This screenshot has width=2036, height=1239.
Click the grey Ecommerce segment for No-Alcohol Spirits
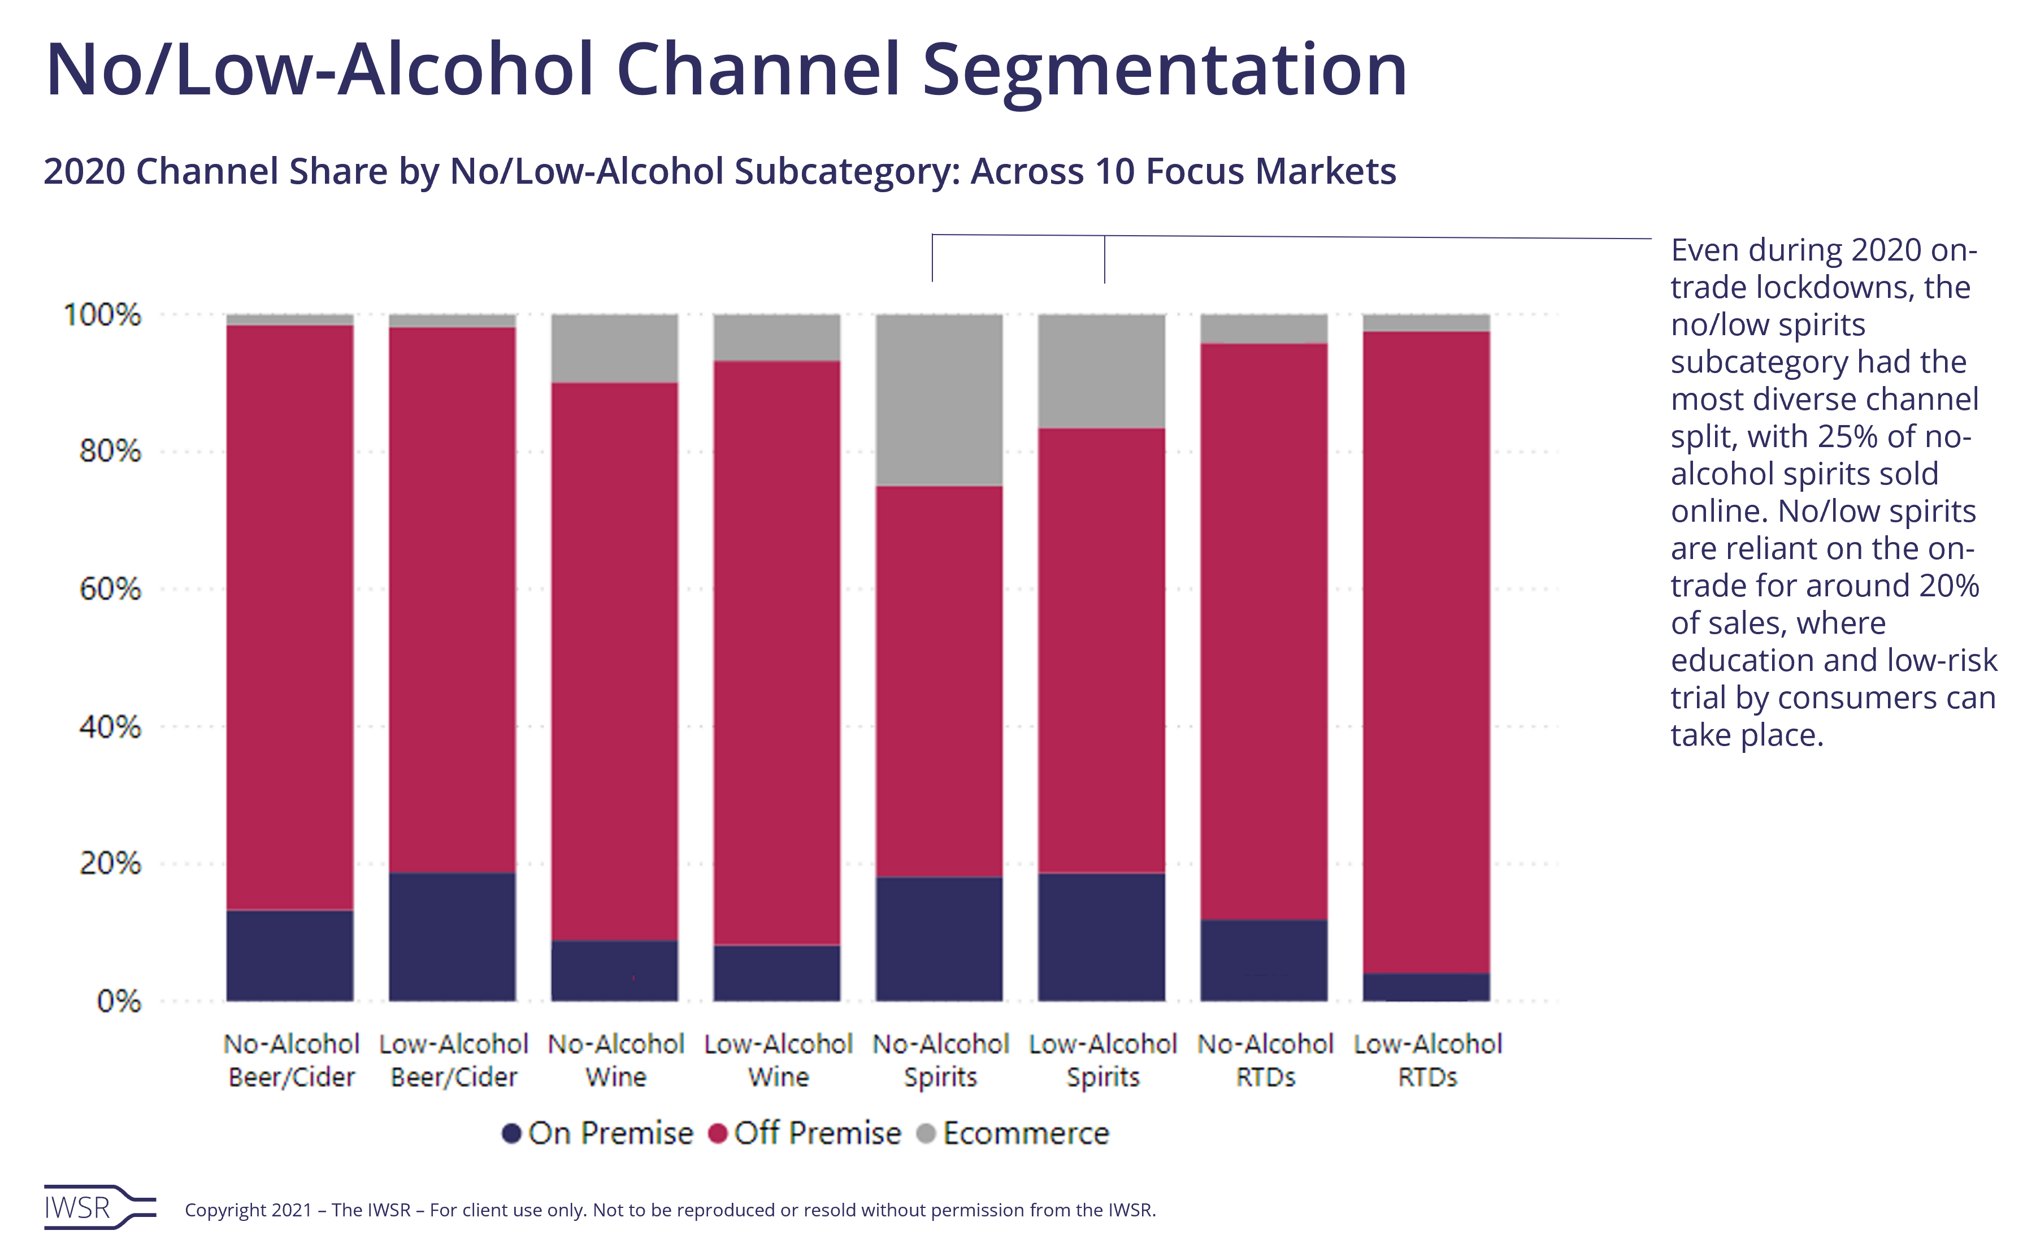pyautogui.click(x=940, y=399)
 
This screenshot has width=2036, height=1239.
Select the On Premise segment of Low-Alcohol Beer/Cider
pyautogui.click(x=452, y=937)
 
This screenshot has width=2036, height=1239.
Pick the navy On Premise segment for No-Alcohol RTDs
pyautogui.click(x=1264, y=960)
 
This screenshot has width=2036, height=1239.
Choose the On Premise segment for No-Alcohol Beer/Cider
pyautogui.click(x=290, y=955)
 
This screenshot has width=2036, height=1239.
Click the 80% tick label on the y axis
pyautogui.click(x=110, y=451)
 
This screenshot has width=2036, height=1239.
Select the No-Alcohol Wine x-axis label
pyautogui.click(x=615, y=1060)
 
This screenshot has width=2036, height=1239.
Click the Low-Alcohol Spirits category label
pyautogui.click(x=1102, y=1060)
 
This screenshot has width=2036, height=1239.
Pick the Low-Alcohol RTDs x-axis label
pyautogui.click(x=1427, y=1060)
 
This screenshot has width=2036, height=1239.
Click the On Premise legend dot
pyautogui.click(x=511, y=1133)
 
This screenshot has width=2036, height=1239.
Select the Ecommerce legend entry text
pyautogui.click(x=1026, y=1133)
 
